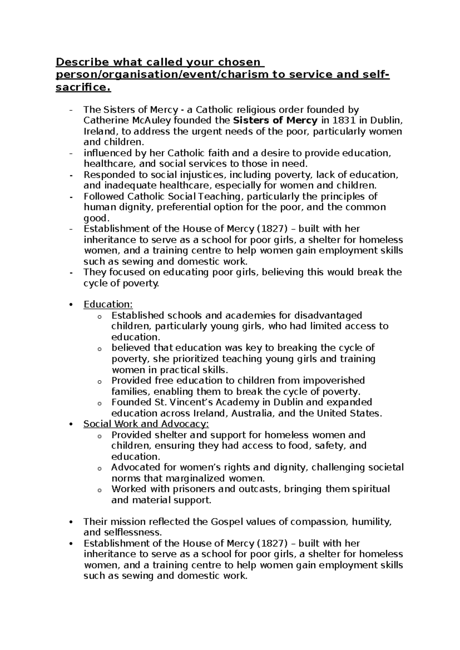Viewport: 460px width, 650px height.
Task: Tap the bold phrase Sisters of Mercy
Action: tap(275, 120)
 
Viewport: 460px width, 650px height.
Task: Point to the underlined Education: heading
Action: tap(108, 304)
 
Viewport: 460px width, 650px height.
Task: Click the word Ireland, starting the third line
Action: tap(99, 131)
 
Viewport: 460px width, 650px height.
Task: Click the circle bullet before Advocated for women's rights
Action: tap(100, 468)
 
